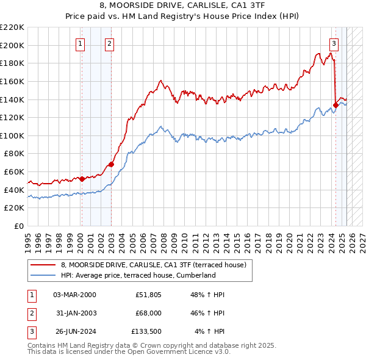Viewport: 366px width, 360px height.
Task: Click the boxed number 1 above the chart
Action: [x=81, y=43]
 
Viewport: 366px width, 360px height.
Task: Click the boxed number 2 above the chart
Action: [x=109, y=43]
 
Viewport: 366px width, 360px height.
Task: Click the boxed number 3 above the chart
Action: [x=334, y=43]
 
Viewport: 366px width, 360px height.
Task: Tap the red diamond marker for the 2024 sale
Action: [x=336, y=105]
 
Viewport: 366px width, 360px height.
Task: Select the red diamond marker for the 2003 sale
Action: [x=111, y=164]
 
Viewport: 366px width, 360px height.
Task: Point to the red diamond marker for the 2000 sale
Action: [x=82, y=179]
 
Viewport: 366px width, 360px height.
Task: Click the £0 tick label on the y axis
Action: [x=20, y=226]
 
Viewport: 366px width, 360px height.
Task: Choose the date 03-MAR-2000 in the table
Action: [x=74, y=295]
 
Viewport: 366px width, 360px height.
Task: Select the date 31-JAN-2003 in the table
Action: [x=74, y=314]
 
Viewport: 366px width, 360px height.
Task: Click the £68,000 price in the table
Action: [x=148, y=314]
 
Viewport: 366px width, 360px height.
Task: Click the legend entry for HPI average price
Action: [x=138, y=275]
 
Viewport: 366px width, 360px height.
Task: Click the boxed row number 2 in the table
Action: [x=31, y=314]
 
